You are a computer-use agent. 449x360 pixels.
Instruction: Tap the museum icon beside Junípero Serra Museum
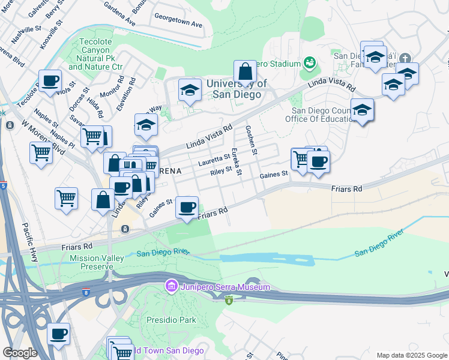171,287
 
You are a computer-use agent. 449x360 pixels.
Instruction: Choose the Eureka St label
237,162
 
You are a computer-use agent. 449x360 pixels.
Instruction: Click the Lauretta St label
214,160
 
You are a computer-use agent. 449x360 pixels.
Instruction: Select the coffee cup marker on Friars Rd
187,208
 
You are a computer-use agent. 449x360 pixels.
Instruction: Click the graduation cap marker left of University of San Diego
190,91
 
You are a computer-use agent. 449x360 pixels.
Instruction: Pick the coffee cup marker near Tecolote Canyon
50,81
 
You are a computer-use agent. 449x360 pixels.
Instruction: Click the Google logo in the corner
19,353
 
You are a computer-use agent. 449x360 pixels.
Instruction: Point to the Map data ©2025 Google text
411,355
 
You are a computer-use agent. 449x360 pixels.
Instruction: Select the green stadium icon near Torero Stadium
310,62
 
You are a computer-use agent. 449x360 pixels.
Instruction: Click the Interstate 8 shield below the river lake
228,300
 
